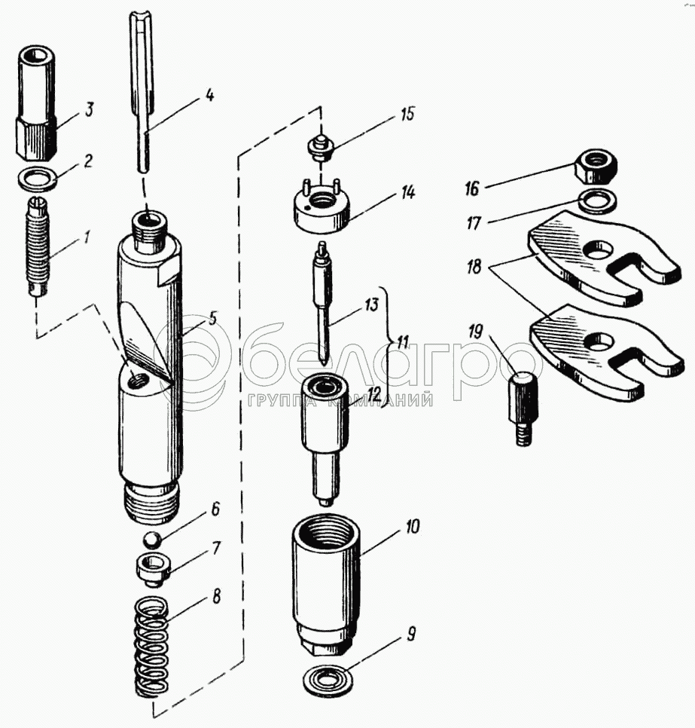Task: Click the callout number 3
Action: click(89, 111)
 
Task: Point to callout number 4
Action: click(209, 96)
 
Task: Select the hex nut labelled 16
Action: click(595, 166)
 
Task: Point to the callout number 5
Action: click(212, 317)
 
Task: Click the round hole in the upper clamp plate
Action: click(601, 248)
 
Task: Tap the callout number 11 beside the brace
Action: click(403, 342)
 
